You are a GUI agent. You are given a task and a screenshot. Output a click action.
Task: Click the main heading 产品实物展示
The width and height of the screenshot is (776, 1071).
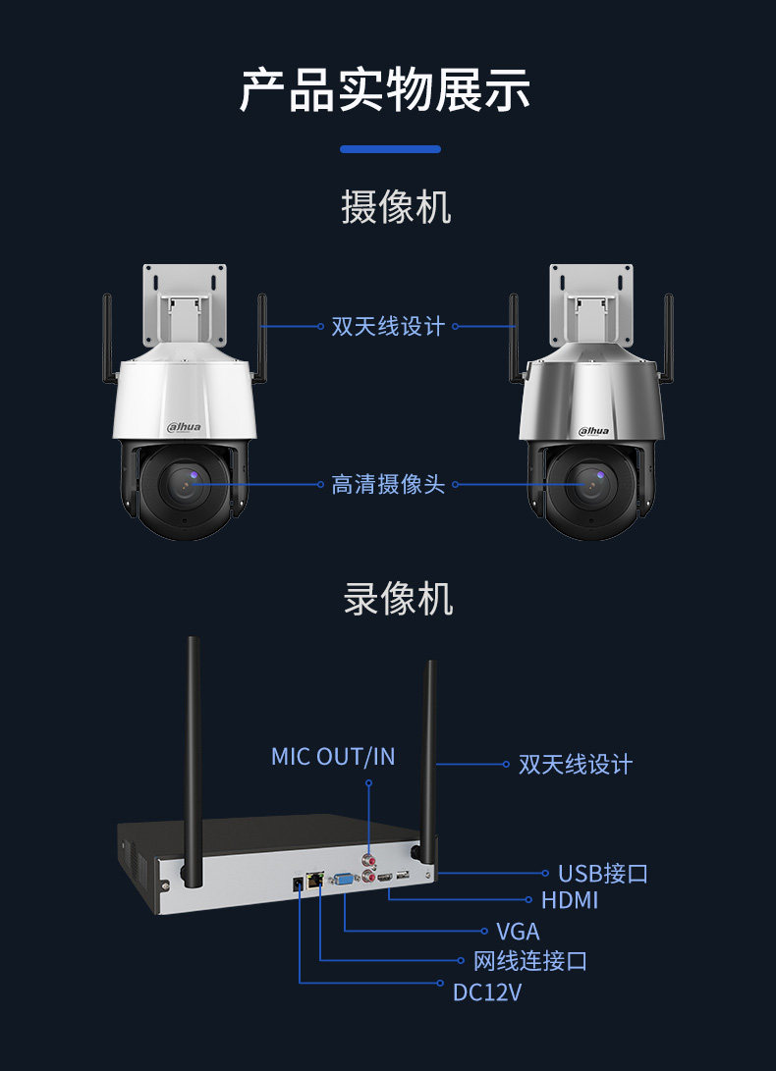tap(386, 90)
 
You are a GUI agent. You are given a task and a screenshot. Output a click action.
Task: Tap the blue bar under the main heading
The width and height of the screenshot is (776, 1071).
tap(390, 149)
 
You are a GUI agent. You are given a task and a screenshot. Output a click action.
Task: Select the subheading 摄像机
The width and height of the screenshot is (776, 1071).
tap(396, 208)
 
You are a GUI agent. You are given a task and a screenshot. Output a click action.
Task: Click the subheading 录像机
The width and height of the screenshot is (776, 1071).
tap(398, 598)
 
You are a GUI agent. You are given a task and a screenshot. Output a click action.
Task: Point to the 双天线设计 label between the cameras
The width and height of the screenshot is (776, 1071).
tap(388, 327)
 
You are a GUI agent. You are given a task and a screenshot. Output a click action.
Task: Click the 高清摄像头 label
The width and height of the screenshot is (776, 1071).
tap(388, 485)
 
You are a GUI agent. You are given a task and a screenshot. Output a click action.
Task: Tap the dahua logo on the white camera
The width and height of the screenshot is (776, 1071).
tap(185, 427)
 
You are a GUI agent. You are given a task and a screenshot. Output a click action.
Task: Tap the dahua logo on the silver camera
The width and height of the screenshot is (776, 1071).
tap(593, 429)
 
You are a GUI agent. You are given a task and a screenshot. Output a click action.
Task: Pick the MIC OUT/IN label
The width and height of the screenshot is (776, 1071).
tap(333, 757)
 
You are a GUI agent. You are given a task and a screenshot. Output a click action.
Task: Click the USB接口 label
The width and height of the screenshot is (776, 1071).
tap(602, 874)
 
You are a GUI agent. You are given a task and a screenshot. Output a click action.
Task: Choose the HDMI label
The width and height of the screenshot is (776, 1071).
tap(570, 900)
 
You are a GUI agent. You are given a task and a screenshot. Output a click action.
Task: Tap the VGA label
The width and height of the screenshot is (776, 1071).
tap(518, 932)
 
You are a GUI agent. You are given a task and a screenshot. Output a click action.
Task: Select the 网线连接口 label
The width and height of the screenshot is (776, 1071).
tap(530, 961)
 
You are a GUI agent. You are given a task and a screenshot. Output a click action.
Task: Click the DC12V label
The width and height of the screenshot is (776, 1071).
tap(487, 992)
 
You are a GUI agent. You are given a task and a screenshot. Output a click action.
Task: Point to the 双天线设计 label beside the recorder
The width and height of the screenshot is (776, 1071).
tap(576, 765)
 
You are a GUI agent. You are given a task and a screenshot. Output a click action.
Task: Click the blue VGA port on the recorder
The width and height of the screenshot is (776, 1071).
tap(345, 881)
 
